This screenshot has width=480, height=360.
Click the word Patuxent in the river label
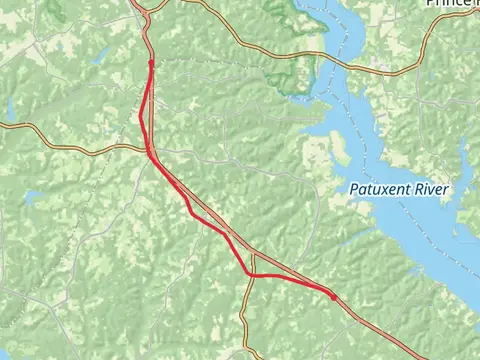tap(383, 190)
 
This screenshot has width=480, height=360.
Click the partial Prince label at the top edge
tap(451, 4)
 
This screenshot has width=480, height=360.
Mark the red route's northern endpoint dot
tap(150, 62)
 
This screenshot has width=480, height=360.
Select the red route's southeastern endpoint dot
tap(334, 296)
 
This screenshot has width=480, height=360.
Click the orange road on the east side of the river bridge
tap(400, 71)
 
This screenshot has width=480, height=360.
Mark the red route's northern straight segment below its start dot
tap(148, 100)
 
